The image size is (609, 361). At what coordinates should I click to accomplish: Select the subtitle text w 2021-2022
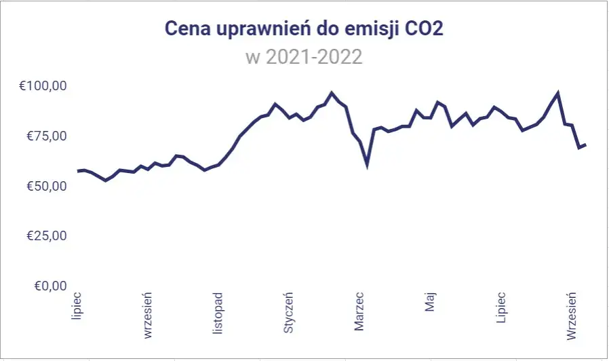click(x=304, y=56)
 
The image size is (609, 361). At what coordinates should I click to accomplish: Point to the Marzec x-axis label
click(x=359, y=312)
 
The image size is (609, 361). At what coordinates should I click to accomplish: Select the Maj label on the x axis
click(x=431, y=302)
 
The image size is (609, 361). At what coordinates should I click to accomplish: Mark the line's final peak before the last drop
click(x=557, y=93)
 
